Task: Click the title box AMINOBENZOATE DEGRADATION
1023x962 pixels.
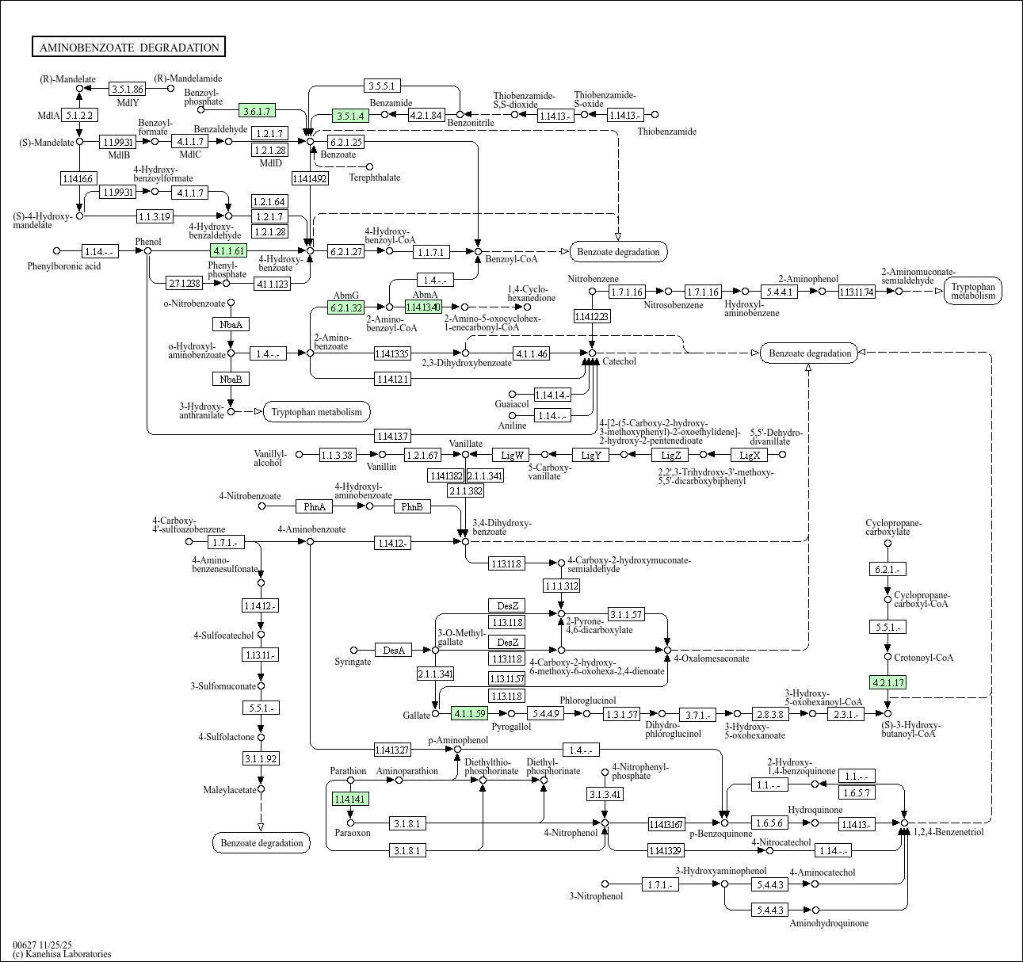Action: [128, 48]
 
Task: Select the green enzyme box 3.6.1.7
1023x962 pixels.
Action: [258, 111]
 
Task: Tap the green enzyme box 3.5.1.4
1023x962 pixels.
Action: [351, 116]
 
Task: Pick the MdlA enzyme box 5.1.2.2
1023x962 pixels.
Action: [79, 116]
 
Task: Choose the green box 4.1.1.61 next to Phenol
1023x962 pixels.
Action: [228, 251]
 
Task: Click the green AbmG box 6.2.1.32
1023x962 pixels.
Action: [346, 307]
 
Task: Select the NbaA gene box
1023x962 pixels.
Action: [231, 324]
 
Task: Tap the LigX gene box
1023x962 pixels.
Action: [750, 455]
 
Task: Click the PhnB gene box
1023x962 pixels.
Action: [411, 506]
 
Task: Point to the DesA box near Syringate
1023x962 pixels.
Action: [393, 651]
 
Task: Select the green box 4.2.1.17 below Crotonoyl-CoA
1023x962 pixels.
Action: [887, 682]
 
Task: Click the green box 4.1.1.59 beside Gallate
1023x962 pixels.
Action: [470, 714]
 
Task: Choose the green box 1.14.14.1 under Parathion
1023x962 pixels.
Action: [350, 800]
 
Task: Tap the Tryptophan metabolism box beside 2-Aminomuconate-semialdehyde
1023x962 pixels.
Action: [973, 291]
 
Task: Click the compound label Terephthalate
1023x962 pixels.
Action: [374, 178]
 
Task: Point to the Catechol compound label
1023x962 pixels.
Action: [619, 361]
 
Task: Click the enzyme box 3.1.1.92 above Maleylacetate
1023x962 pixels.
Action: [261, 759]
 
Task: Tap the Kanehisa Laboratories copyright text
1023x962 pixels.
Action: [62, 954]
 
